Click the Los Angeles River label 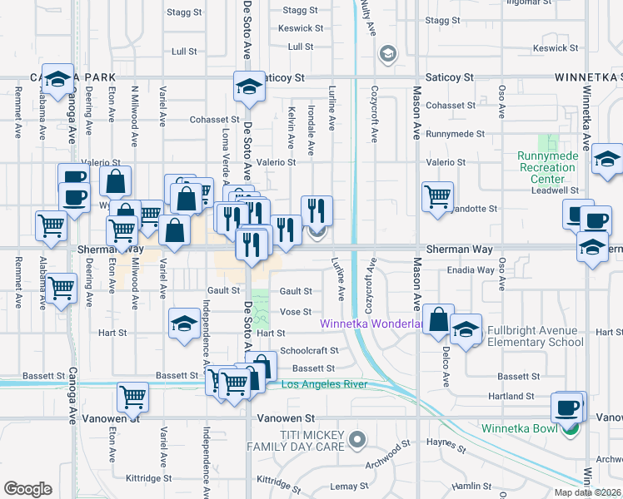coord(324,384)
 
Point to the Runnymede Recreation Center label coord(546,167)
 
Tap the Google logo coord(27,488)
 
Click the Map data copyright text coord(588,492)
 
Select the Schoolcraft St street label coord(310,351)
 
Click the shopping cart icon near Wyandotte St coord(437,197)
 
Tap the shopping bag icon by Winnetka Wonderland coord(437,319)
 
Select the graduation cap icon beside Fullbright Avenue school coord(466,328)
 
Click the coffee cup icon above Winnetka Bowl coord(568,408)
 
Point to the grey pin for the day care coord(357,438)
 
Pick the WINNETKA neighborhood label coord(587,77)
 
